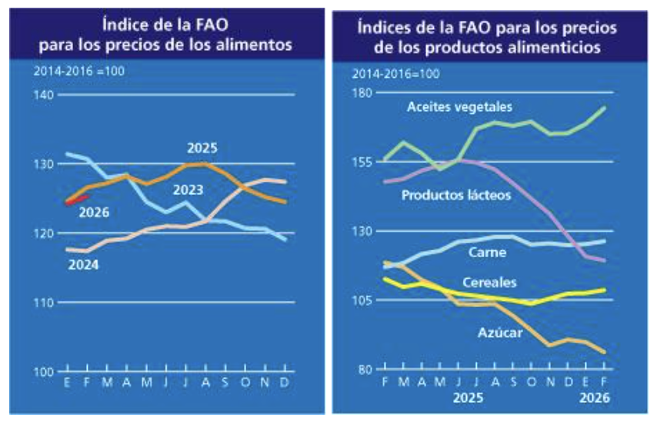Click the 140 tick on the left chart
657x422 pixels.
(x=43, y=95)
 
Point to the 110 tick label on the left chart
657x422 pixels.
(x=43, y=303)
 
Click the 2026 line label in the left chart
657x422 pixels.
(x=93, y=212)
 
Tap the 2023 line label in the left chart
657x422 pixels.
(x=187, y=190)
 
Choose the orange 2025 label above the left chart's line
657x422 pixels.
(x=202, y=147)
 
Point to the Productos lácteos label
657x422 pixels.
(x=456, y=195)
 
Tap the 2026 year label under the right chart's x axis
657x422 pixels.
(x=594, y=398)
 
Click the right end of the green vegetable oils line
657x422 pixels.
(x=603, y=108)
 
